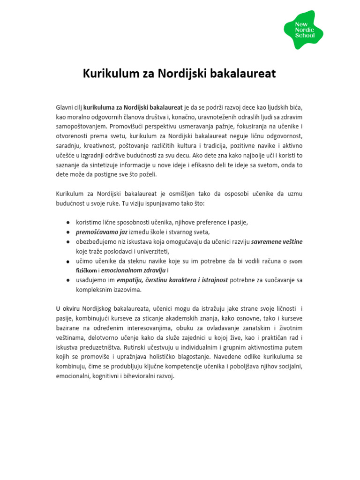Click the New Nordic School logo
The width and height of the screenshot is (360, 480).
click(x=303, y=29)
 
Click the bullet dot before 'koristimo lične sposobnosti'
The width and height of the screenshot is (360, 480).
click(x=68, y=222)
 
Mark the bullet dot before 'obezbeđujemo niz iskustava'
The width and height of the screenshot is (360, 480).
click(x=68, y=242)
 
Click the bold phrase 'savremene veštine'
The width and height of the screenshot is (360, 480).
click(x=277, y=242)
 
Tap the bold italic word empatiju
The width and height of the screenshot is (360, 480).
click(x=131, y=280)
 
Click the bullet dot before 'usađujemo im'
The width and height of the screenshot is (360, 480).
click(x=68, y=280)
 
